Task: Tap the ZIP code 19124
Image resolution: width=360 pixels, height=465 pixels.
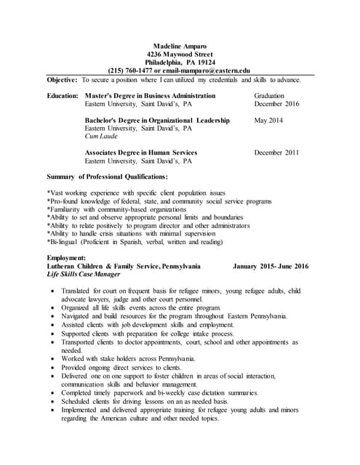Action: tap(207, 62)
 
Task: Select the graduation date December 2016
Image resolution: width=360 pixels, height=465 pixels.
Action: tap(277, 104)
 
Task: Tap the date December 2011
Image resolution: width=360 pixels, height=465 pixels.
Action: tap(277, 153)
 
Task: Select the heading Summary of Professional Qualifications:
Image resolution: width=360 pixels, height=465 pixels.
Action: tap(107, 177)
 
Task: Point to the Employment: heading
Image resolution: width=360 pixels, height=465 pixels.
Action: tap(66, 258)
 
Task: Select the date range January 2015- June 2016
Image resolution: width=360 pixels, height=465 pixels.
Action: tap(271, 266)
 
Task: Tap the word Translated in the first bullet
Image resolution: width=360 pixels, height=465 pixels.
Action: tap(88, 291)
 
